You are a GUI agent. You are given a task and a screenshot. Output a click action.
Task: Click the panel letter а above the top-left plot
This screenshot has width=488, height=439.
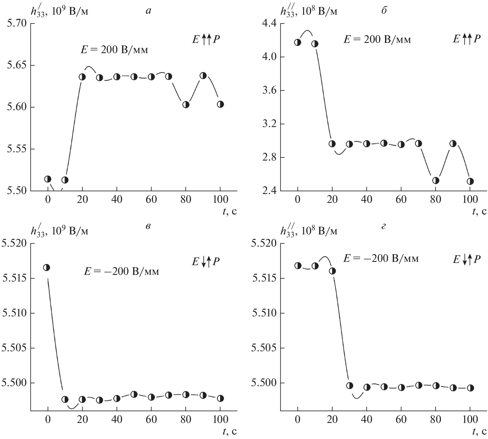click(x=148, y=11)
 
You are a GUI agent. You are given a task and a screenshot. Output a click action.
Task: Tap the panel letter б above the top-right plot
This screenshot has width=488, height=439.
click(x=384, y=11)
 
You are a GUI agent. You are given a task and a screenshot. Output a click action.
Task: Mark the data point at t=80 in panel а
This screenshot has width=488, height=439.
click(x=186, y=105)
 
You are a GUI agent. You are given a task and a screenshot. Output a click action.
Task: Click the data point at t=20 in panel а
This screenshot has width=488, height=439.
click(x=82, y=77)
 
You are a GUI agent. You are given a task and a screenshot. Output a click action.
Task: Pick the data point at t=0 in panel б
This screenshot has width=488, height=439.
click(x=298, y=42)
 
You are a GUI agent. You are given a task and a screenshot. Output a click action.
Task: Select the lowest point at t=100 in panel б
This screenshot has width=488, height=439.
click(x=470, y=181)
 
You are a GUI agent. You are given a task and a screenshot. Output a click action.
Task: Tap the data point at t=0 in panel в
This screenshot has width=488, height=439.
click(x=47, y=267)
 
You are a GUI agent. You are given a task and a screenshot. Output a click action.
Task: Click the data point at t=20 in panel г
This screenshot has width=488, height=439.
click(x=332, y=271)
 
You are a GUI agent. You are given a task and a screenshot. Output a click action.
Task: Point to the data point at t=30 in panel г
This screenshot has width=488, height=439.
click(x=350, y=385)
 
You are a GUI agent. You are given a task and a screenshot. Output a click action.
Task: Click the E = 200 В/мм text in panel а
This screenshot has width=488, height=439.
click(x=114, y=50)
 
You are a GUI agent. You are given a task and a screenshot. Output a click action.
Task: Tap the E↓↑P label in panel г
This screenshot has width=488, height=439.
click(x=466, y=259)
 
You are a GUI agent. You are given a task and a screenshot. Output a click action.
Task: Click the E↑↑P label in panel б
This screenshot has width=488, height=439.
click(x=466, y=39)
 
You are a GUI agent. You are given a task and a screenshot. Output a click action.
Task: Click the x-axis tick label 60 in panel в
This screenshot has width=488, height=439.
click(x=151, y=420)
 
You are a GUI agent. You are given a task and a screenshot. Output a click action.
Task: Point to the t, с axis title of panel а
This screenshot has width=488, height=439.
click(x=229, y=211)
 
